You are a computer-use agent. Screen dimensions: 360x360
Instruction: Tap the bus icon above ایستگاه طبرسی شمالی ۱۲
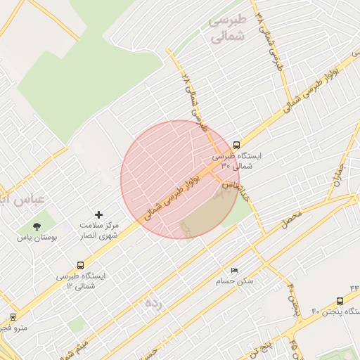pyautogui.click(x=80, y=265)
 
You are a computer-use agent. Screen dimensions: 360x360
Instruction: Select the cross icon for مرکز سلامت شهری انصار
pyautogui.click(x=98, y=214)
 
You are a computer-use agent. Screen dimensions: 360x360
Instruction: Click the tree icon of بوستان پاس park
pyautogui.click(x=37, y=226)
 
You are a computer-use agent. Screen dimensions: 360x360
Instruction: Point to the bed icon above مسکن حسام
pyautogui.click(x=235, y=270)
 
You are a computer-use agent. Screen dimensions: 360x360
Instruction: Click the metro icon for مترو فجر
pyautogui.click(x=13, y=317)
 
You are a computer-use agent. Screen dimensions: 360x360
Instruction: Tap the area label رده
pyautogui.click(x=153, y=303)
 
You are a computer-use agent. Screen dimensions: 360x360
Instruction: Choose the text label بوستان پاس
pyautogui.click(x=37, y=238)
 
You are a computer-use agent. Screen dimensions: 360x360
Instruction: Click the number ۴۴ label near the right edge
pyautogui.click(x=354, y=288)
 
